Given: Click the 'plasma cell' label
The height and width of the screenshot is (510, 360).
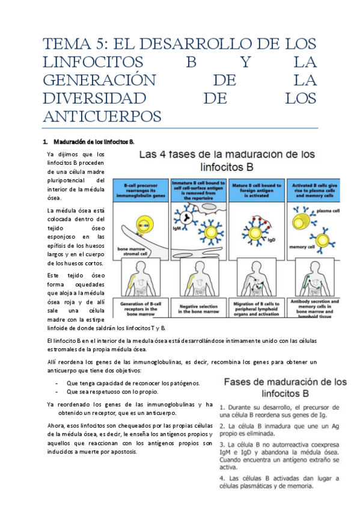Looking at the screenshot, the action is coord(328,211).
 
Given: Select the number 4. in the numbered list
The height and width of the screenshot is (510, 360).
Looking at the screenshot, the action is coord(222,479).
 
